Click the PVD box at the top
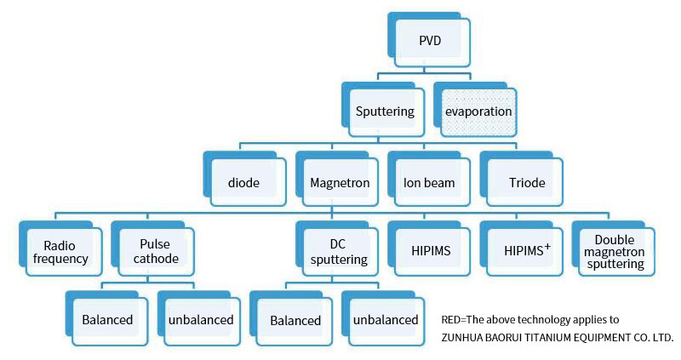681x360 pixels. pos(429,40)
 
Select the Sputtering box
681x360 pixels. pos(384,111)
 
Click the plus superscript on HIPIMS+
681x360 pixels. pos(547,246)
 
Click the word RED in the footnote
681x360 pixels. pos(450,320)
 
